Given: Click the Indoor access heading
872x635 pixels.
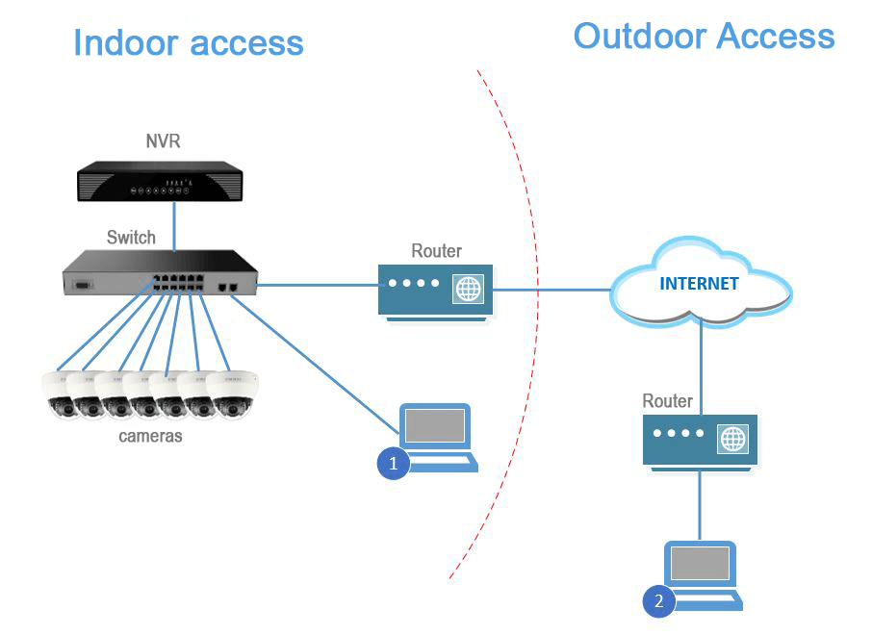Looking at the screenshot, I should pyautogui.click(x=188, y=43).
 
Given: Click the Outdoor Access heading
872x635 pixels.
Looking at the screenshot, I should pyautogui.click(x=704, y=37).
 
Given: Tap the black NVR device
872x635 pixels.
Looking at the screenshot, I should pyautogui.click(x=160, y=183).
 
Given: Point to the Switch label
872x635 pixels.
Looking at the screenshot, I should pyautogui.click(x=131, y=237).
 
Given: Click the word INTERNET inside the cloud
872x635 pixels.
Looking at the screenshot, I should pyautogui.click(x=699, y=284).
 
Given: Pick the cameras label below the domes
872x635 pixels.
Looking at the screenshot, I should pyautogui.click(x=150, y=436).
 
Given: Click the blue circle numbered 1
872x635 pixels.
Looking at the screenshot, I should pyautogui.click(x=392, y=463).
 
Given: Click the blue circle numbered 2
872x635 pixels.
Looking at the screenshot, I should pyautogui.click(x=658, y=601).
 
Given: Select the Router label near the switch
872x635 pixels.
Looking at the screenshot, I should pyautogui.click(x=436, y=251).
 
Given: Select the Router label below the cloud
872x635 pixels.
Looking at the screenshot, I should pyautogui.click(x=668, y=400).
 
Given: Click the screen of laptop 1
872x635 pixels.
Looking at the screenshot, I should pyautogui.click(x=435, y=425).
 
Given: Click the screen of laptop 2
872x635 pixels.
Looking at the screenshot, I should pyautogui.click(x=701, y=563).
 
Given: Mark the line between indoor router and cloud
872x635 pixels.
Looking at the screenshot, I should pyautogui.click(x=549, y=287).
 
